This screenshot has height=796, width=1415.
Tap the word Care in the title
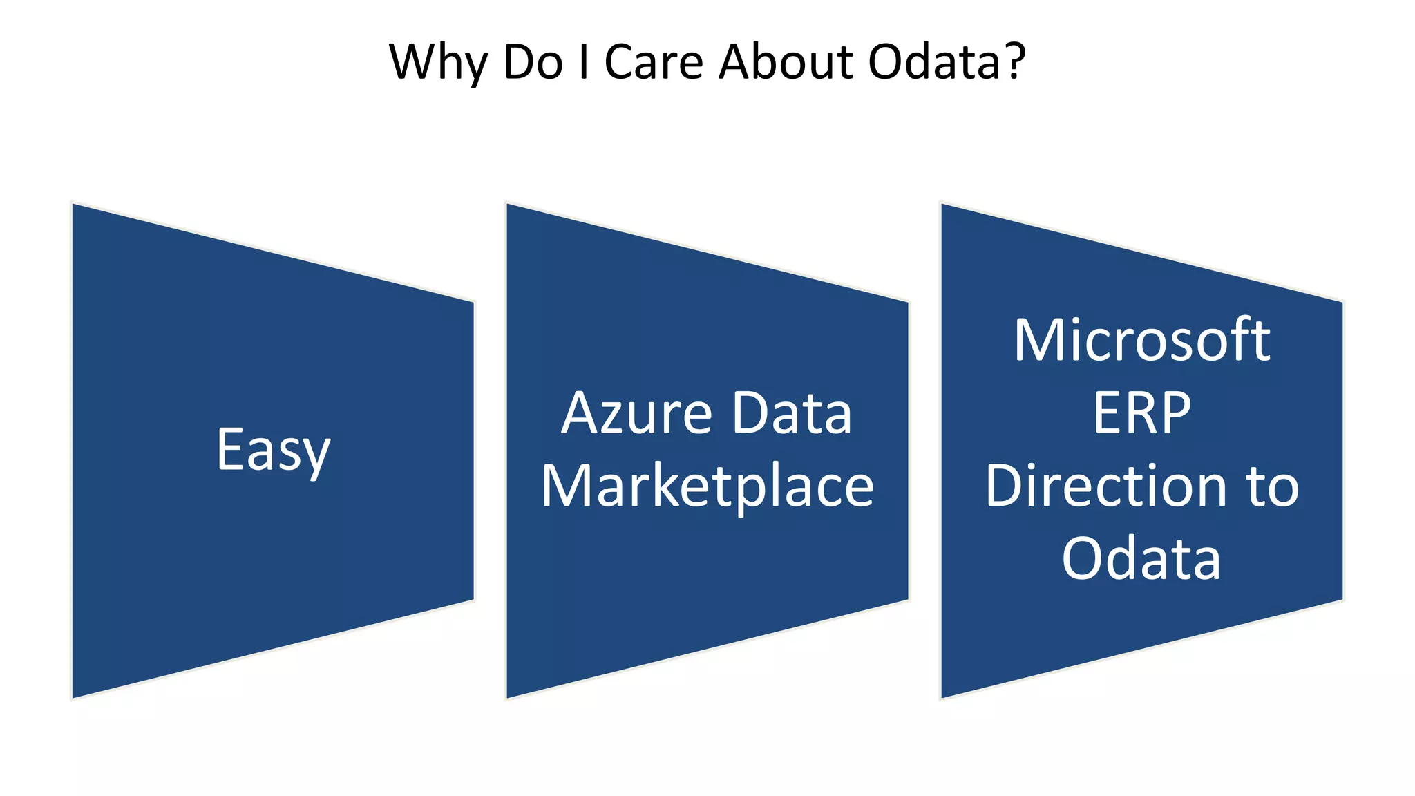point(654,62)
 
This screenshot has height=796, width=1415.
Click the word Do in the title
point(533,62)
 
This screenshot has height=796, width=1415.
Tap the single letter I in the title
point(585,62)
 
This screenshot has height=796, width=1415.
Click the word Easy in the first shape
point(274,451)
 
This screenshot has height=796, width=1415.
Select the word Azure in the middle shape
point(636,414)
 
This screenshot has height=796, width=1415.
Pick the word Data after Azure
point(792,414)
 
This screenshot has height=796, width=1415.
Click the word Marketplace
point(707,486)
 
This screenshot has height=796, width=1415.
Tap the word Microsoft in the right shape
point(1142,341)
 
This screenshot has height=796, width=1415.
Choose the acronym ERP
point(1142,414)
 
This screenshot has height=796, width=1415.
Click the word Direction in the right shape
point(1104,486)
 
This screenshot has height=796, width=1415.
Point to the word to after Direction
point(1273,486)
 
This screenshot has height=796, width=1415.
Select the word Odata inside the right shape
point(1142,559)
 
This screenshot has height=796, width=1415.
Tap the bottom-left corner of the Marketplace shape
point(508,697)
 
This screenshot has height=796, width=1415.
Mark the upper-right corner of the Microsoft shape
point(1342,303)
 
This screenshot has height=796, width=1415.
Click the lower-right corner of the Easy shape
point(473,599)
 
